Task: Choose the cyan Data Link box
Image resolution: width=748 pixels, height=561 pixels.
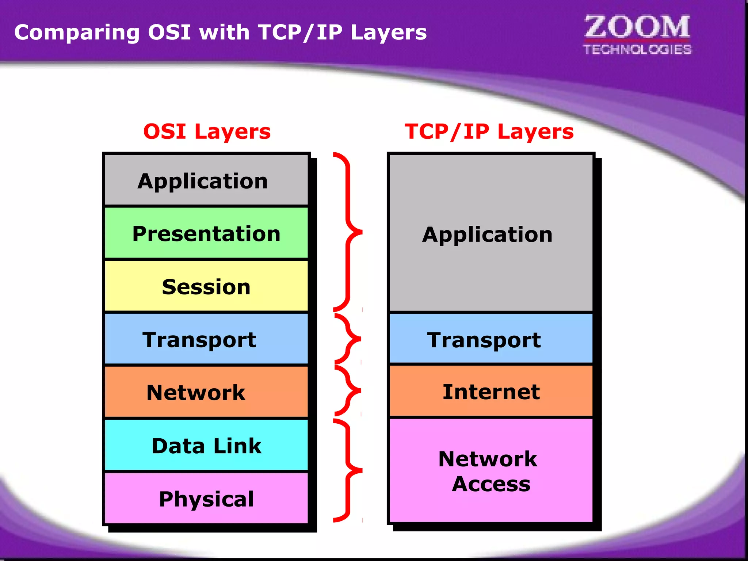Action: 206,445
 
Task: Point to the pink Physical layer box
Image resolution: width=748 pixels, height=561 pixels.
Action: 206,498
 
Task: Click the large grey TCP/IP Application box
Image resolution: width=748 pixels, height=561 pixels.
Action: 491,234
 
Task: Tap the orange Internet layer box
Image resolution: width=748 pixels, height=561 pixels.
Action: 491,391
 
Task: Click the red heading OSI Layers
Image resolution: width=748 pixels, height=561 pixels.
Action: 207,131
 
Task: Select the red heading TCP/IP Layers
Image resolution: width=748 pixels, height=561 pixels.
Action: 489,131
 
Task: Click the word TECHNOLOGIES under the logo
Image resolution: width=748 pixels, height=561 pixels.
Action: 637,49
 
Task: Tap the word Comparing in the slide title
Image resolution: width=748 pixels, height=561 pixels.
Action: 77,33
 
